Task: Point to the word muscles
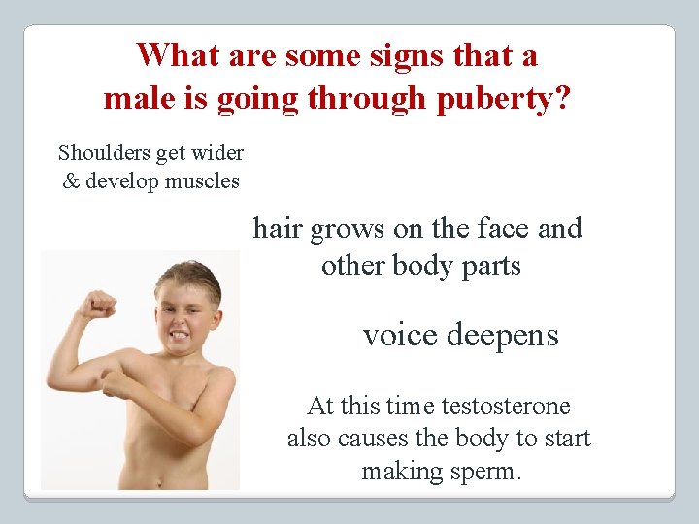[202, 180]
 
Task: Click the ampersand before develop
[71, 180]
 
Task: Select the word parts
[488, 266]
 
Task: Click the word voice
[399, 336]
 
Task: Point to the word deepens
[502, 336]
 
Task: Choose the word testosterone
[507, 406]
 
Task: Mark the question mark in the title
[563, 99]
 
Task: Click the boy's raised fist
[97, 305]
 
